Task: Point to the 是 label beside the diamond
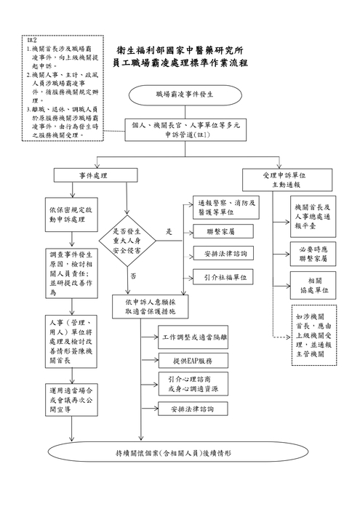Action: (169, 231)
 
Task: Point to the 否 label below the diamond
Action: (132, 276)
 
